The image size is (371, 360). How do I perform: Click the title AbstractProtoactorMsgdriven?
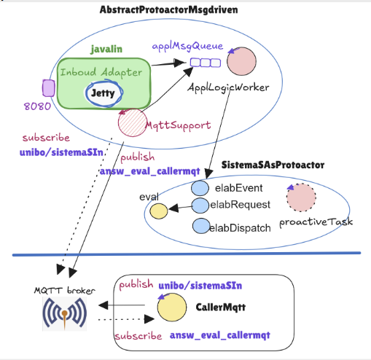(169, 10)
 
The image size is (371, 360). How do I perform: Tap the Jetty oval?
(104, 93)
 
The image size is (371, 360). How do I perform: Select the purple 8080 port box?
(49, 88)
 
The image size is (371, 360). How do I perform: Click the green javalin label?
(106, 50)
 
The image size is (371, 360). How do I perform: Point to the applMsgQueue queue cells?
(206, 63)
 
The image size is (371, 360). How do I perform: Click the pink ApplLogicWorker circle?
(241, 61)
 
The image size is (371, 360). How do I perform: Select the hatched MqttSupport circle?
(133, 122)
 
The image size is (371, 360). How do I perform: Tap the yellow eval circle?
(159, 211)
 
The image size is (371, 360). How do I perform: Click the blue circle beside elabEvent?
(200, 188)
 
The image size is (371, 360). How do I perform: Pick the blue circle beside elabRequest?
(200, 206)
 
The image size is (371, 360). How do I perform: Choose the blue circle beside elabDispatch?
(201, 226)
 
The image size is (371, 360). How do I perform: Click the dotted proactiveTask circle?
(301, 197)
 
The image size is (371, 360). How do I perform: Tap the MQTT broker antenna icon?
(65, 313)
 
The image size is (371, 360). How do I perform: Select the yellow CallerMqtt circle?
(172, 308)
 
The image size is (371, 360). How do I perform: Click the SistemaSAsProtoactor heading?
(273, 165)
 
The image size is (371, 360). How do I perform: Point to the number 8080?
(37, 106)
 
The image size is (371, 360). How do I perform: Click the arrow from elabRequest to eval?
(181, 208)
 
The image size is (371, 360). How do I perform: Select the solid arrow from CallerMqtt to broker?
(122, 305)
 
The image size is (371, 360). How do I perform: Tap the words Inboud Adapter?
(101, 72)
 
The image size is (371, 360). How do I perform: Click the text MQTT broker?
(65, 291)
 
